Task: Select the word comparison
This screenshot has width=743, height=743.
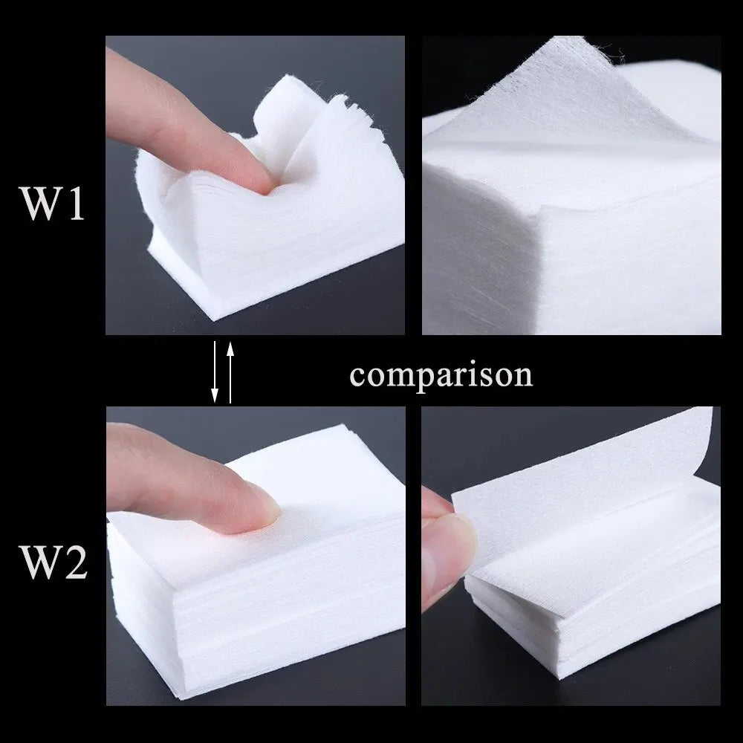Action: click(x=441, y=375)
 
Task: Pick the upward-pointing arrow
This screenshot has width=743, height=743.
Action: click(x=230, y=371)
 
